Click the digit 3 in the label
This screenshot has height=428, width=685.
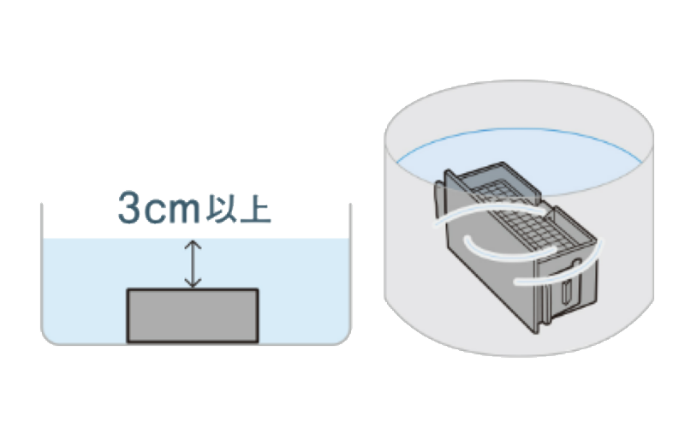131,207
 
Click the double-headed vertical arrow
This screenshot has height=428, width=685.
194,264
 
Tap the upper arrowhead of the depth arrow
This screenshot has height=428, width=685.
194,244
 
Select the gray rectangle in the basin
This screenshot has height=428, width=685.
193,315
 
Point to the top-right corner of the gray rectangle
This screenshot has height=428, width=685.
257,290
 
